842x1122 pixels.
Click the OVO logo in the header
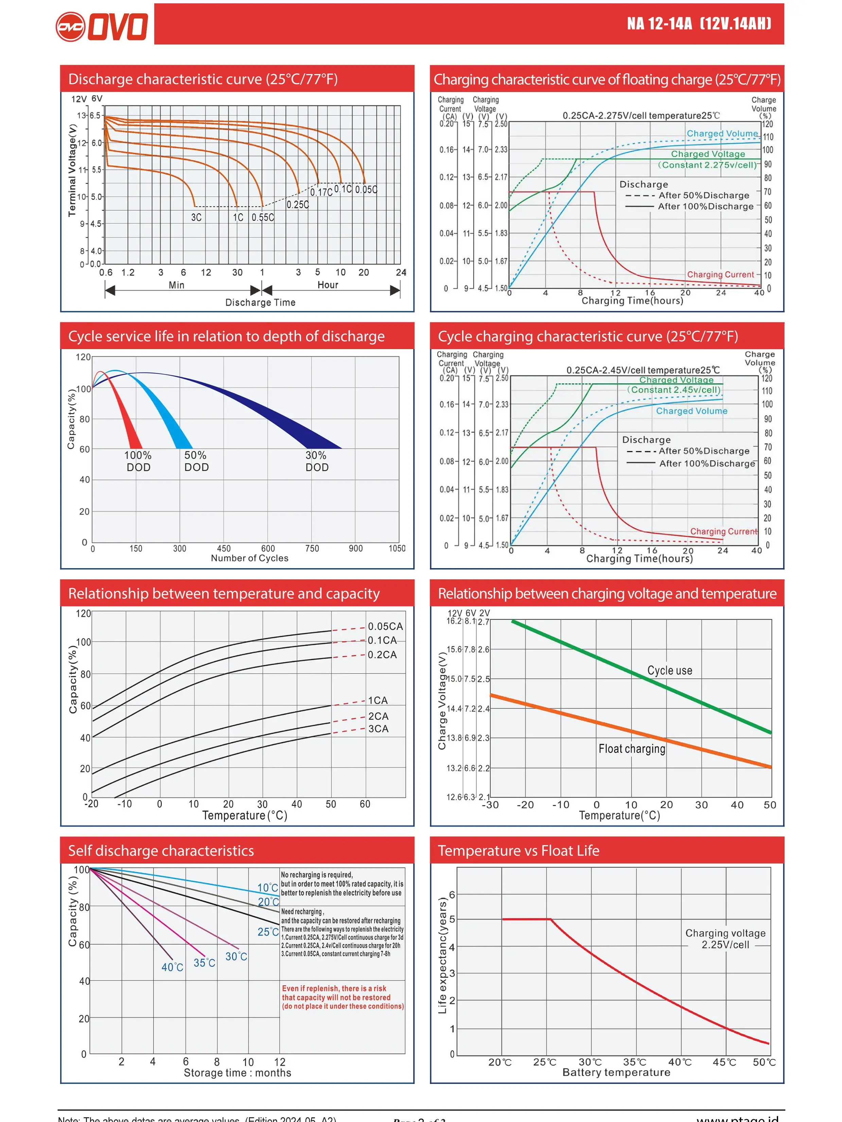click(x=102, y=26)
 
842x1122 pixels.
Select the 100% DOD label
click(x=138, y=461)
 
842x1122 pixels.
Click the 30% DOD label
click(x=317, y=461)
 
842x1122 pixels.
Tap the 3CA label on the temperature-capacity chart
click(x=378, y=728)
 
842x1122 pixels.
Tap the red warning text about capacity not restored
click(x=343, y=997)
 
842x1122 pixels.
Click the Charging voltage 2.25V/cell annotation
click(x=725, y=939)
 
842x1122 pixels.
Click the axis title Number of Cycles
click(x=249, y=558)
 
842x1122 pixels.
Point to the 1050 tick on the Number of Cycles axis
click(x=397, y=548)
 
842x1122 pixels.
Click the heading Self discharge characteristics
click(x=161, y=851)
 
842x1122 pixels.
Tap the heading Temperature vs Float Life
click(x=518, y=851)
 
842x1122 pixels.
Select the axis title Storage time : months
click(x=237, y=1073)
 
